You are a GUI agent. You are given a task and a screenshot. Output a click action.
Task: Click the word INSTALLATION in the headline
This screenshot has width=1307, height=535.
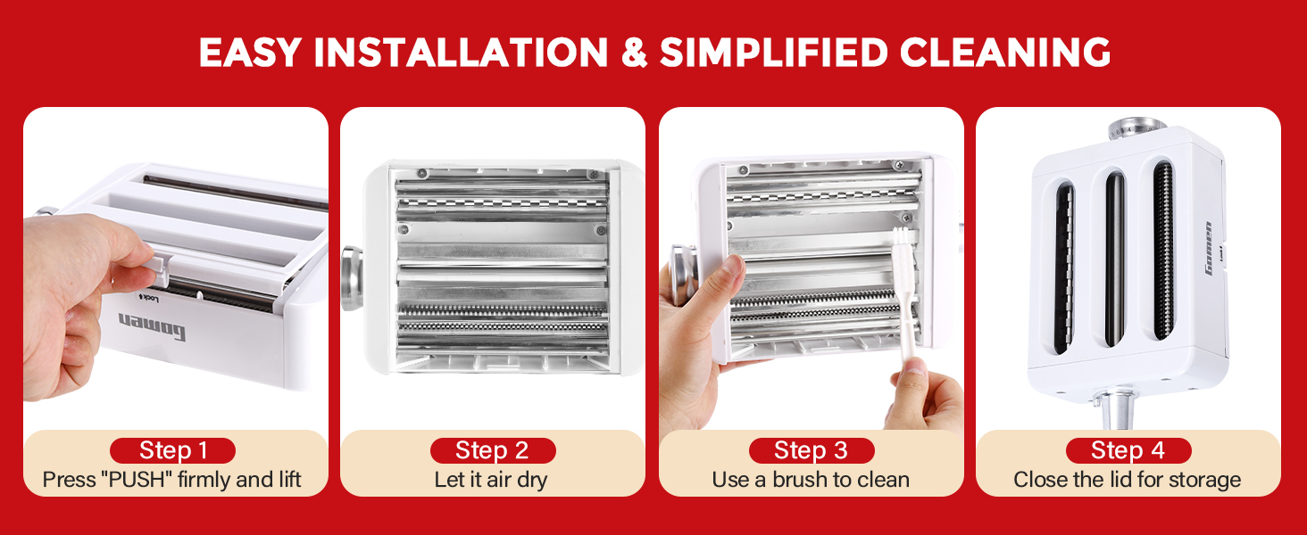(462, 53)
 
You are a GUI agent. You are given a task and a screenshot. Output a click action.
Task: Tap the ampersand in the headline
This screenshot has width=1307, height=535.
(634, 53)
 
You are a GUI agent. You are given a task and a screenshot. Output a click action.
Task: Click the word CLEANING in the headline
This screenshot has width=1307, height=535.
(1004, 53)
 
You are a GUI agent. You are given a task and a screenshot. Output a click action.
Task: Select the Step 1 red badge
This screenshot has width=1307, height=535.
(172, 450)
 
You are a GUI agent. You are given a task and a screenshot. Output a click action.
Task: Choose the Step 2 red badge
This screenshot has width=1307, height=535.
(493, 450)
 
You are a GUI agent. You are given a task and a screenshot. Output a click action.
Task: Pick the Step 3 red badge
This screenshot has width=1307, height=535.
(812, 450)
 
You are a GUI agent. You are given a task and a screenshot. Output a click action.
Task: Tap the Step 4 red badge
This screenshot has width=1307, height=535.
(1128, 450)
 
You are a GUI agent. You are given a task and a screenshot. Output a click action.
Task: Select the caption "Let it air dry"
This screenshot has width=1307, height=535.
(491, 480)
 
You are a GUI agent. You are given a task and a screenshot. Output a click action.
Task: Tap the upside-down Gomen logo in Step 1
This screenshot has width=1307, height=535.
(153, 327)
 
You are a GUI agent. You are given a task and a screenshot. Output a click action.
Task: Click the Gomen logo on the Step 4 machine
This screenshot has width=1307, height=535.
(1209, 248)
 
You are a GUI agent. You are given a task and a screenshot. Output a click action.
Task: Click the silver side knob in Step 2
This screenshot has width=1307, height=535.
(352, 278)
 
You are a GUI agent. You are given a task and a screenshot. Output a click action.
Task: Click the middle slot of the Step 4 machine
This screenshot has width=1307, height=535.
(1115, 259)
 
